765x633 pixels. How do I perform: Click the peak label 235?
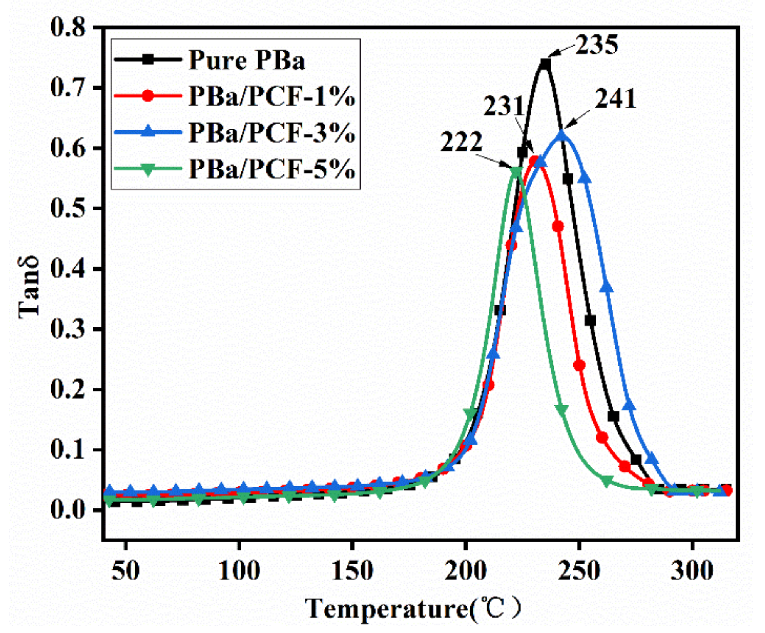point(597,45)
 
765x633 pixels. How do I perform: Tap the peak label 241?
point(615,99)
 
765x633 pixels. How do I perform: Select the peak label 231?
point(504,106)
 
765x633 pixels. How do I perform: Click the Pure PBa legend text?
point(247,61)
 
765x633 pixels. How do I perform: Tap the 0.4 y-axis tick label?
point(67,269)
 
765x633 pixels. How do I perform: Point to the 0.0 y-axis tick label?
point(67,510)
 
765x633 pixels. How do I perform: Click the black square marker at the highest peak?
point(545,64)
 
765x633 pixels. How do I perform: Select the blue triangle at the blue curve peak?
point(562,135)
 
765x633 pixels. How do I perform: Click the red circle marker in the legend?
point(148,96)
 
